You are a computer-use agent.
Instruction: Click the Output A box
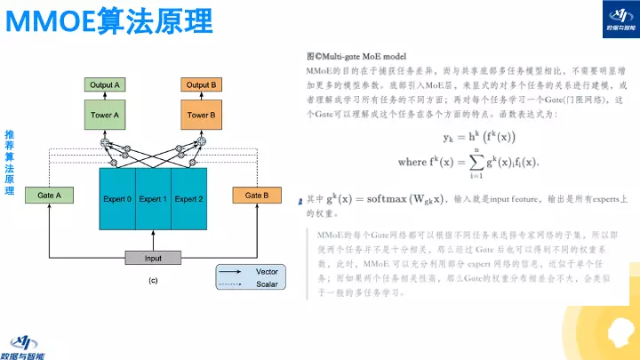[105, 84]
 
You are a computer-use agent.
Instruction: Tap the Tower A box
[105, 116]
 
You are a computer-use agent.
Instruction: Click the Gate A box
[49, 195]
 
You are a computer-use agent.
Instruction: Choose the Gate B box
[257, 195]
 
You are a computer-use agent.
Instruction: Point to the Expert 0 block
[117, 199]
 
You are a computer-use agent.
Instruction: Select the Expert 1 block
[153, 199]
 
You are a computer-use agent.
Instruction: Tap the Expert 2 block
[188, 199]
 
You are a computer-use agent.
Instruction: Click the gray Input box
[154, 258]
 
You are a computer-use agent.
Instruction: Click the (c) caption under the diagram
[153, 281]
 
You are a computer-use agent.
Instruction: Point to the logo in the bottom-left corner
[28, 344]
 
